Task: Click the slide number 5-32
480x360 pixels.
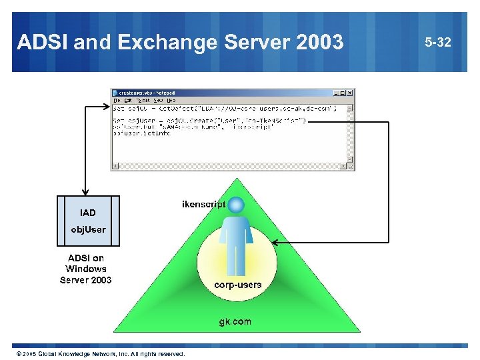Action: pyautogui.click(x=437, y=43)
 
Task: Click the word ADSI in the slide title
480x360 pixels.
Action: pyautogui.click(x=41, y=43)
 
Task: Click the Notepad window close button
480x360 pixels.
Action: pyautogui.click(x=351, y=93)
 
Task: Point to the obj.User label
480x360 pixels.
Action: pyautogui.click(x=89, y=229)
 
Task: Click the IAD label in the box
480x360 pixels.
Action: pyautogui.click(x=88, y=213)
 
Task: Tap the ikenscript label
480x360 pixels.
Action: pyautogui.click(x=203, y=204)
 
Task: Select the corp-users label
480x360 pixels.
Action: pyautogui.click(x=237, y=285)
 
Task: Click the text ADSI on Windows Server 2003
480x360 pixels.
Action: pyautogui.click(x=86, y=269)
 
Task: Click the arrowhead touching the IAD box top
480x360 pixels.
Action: pyautogui.click(x=87, y=192)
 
